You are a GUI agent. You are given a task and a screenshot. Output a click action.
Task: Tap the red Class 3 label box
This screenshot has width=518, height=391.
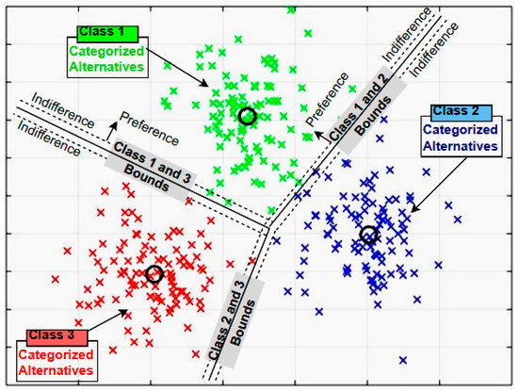pyautogui.click(x=57, y=334)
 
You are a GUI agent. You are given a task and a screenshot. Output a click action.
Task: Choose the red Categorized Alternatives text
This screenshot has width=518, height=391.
pyautogui.click(x=57, y=362)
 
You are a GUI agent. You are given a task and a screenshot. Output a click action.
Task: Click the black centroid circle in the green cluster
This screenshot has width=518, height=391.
pyautogui.click(x=247, y=116)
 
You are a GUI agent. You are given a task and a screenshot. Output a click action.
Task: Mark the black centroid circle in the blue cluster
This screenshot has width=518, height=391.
pyautogui.click(x=368, y=234)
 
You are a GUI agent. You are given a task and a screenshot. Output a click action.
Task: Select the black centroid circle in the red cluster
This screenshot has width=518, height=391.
pyautogui.click(x=155, y=274)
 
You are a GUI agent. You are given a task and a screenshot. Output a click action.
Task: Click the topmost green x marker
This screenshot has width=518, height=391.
pyautogui.click(x=291, y=9)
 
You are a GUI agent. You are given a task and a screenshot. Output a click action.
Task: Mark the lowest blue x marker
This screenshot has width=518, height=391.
pyautogui.click(x=403, y=360)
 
